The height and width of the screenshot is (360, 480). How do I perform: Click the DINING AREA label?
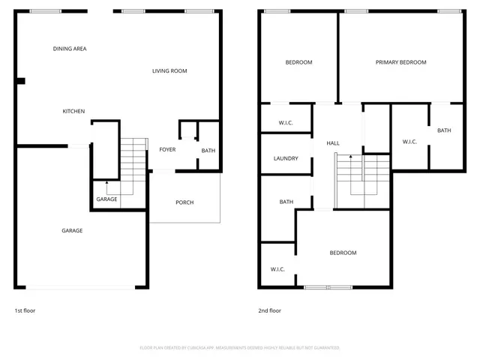[x=70, y=49]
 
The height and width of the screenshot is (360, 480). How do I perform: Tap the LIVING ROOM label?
[x=169, y=71]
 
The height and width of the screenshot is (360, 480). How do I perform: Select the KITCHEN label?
[x=73, y=111]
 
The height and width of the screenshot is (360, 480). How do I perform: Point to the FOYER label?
[x=167, y=149]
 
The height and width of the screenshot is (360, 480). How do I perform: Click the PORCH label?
[x=184, y=202]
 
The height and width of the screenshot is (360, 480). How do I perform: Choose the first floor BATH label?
[x=208, y=151]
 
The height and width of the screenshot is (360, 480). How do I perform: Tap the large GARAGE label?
[x=72, y=230]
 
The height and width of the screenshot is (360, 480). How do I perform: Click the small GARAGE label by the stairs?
[x=106, y=199]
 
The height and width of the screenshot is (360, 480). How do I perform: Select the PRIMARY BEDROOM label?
[x=400, y=62]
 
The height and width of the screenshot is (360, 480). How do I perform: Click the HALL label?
[x=333, y=142]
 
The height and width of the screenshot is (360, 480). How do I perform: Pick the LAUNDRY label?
[x=286, y=158]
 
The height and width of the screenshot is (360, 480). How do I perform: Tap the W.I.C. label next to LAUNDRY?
[x=286, y=123]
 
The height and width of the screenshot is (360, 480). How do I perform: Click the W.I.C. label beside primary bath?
[x=409, y=142]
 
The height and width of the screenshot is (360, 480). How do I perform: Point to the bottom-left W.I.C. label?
[x=278, y=269]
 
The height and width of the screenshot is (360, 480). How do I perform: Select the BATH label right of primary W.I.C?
[x=444, y=130]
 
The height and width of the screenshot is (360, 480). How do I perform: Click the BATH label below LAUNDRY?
[x=286, y=202]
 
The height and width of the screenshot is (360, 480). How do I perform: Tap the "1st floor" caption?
[x=25, y=310]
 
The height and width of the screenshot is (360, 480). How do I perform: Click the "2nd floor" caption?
[x=270, y=310]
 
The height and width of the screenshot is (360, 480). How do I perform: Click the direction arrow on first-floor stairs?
[x=106, y=184]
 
